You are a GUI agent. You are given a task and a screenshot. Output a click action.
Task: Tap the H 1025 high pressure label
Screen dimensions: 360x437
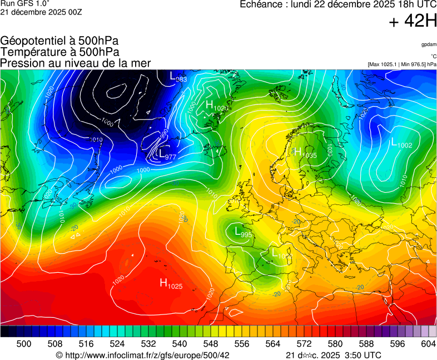pos(171,284)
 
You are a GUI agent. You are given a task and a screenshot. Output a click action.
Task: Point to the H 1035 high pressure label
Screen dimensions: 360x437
pos(305,153)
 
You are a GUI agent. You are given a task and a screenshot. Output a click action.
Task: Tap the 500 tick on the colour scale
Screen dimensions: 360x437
pos(24,344)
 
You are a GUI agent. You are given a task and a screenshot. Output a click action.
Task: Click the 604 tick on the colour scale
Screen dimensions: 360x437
pos(428,344)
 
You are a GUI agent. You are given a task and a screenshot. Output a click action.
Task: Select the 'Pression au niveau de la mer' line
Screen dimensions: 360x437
pos(76,63)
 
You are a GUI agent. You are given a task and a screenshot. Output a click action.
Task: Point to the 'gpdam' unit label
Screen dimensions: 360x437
pos(428,44)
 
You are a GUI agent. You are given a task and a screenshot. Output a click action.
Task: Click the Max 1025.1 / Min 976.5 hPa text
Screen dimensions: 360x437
pos(402,64)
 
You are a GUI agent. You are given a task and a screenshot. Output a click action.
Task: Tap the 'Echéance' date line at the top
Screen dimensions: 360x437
pos(338,5)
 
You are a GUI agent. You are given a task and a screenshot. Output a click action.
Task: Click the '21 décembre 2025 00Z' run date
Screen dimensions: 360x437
pos(41,12)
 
